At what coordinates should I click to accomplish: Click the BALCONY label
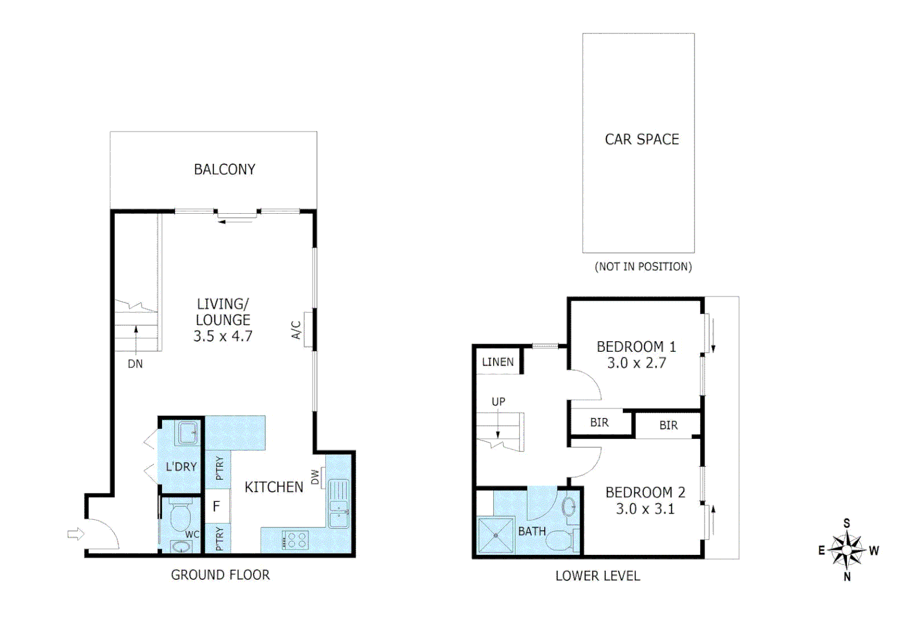[x=225, y=170]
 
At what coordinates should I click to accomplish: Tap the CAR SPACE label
[x=641, y=139]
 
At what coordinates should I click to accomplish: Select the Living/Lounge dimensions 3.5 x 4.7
[x=223, y=336]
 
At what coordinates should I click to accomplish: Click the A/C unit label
[x=297, y=329]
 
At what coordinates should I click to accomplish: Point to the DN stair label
[x=135, y=364]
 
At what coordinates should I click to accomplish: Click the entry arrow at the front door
[x=76, y=534]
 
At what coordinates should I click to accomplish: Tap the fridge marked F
[x=217, y=506]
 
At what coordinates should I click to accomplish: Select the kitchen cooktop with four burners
[x=295, y=540]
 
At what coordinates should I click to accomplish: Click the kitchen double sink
[x=338, y=504]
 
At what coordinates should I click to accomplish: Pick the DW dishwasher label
[x=315, y=477]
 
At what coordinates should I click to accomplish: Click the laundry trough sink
[x=188, y=433]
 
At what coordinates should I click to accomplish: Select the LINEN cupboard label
[x=498, y=362]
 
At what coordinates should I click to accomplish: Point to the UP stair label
[x=498, y=402]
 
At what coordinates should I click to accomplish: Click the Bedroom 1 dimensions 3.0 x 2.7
[x=636, y=363]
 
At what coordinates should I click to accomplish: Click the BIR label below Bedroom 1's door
[x=599, y=423]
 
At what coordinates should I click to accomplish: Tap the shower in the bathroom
[x=495, y=535]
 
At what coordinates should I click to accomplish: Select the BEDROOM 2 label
[x=645, y=493]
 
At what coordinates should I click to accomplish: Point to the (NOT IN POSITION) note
[x=643, y=267]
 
